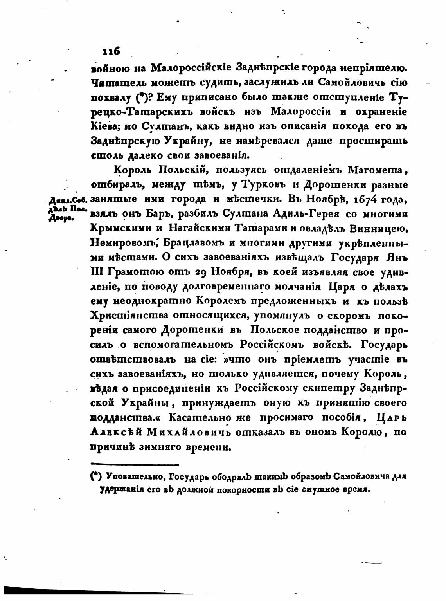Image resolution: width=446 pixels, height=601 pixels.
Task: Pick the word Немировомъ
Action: tap(123, 243)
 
